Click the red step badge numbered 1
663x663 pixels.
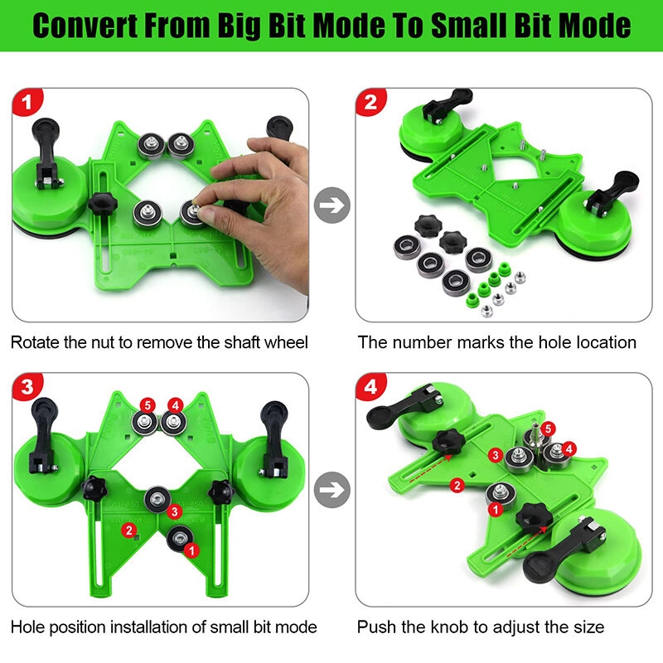[28, 104]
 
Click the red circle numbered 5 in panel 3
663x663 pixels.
[147, 406]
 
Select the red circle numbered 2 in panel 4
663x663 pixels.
[455, 484]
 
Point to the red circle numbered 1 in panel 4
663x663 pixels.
[494, 510]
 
